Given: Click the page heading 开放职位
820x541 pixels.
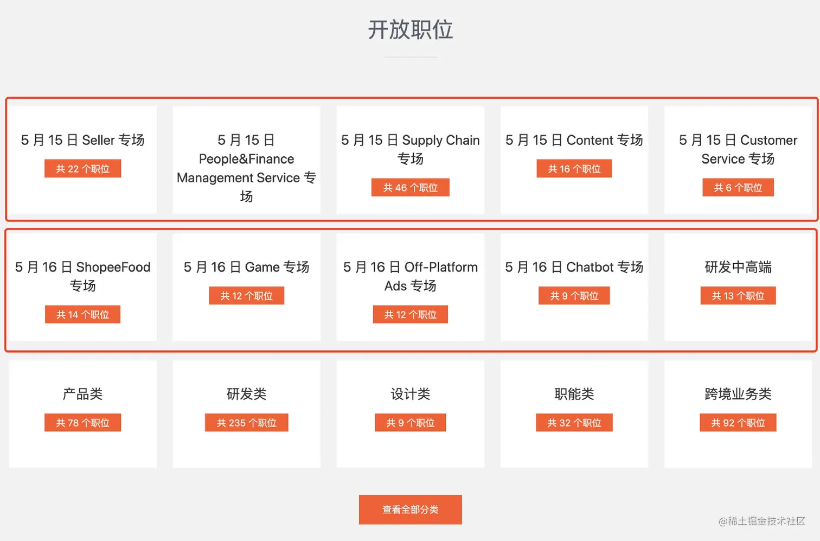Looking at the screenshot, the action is click(x=410, y=30).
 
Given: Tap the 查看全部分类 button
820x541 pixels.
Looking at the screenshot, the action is click(x=410, y=510).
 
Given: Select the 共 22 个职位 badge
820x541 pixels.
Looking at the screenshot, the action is click(x=82, y=169).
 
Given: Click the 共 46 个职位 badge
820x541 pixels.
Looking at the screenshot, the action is click(x=410, y=188).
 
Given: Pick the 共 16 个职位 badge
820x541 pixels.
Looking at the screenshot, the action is click(x=574, y=169).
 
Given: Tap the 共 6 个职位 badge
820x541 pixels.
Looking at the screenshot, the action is click(x=738, y=188).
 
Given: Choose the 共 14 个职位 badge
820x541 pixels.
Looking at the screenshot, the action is click(x=82, y=315).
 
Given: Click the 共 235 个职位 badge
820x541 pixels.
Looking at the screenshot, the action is click(x=246, y=423).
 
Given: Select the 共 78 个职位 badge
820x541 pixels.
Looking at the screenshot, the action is click(x=82, y=423).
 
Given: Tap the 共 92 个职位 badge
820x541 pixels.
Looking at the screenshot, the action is click(x=738, y=423).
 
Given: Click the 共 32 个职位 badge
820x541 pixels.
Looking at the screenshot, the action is click(x=574, y=423).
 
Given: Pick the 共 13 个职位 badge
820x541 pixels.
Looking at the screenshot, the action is click(x=738, y=296).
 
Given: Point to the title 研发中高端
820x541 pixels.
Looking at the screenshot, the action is click(x=738, y=267).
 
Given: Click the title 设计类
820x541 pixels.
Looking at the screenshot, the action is click(x=410, y=394).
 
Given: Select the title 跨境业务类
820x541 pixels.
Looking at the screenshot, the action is click(x=738, y=394).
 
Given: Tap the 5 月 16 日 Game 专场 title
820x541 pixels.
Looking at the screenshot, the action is click(x=246, y=267).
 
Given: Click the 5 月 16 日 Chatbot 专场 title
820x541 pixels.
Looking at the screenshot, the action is click(x=574, y=267).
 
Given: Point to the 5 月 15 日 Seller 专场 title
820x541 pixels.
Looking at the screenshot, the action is click(x=82, y=140).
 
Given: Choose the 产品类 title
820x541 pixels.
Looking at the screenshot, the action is click(x=82, y=394).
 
